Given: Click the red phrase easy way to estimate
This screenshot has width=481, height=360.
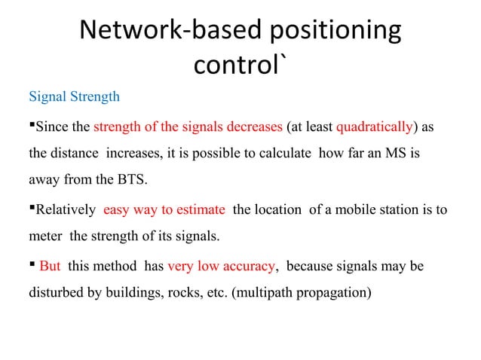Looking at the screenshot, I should click(x=164, y=209).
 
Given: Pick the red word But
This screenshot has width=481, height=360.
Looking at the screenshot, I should click(x=50, y=267).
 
